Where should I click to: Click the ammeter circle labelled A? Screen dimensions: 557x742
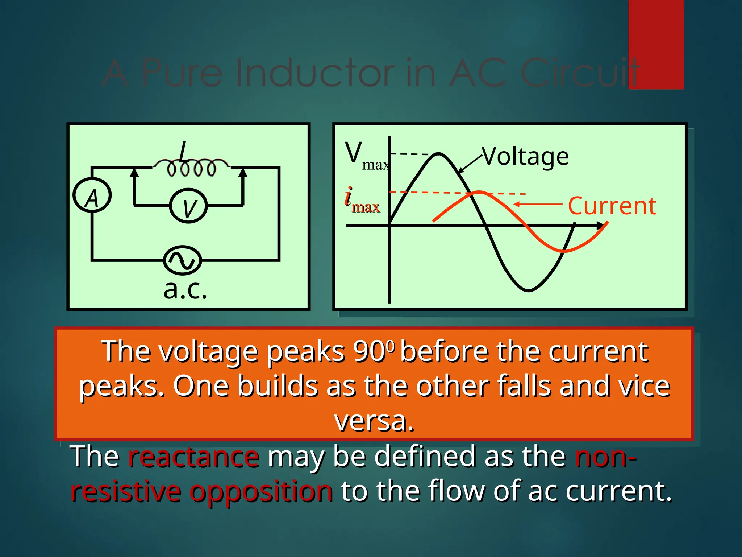click(x=92, y=196)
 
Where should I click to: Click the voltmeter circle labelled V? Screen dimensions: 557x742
click(x=188, y=206)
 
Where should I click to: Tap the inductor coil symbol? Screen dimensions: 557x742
click(x=191, y=168)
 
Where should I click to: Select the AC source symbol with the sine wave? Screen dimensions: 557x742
click(x=182, y=260)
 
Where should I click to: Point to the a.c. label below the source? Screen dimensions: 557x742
click(x=185, y=290)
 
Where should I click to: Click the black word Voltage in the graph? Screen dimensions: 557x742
click(x=525, y=157)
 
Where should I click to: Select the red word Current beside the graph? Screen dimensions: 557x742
click(x=612, y=206)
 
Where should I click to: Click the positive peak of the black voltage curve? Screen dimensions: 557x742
click(x=439, y=154)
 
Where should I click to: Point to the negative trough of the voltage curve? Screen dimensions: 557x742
click(x=528, y=290)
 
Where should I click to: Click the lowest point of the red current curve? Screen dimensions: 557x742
click(x=565, y=251)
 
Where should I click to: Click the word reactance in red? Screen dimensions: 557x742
click(x=193, y=457)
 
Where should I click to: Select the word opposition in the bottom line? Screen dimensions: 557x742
click(x=261, y=491)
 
